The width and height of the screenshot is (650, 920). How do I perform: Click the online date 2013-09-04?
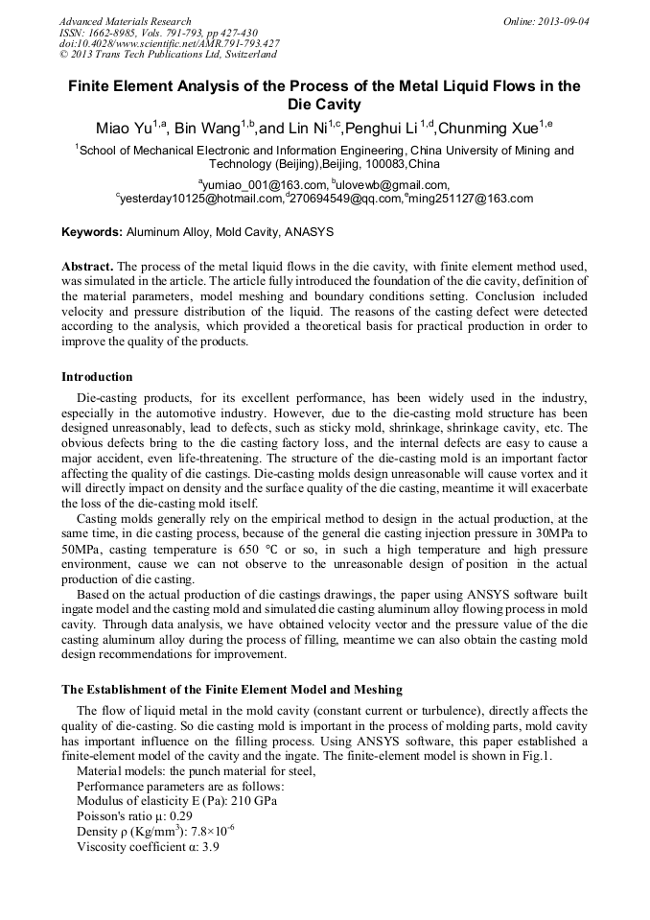(x=565, y=21)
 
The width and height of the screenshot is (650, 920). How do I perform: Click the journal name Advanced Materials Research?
(x=125, y=21)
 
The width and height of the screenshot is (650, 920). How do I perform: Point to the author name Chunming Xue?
(x=488, y=129)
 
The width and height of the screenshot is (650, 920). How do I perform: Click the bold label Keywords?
(x=92, y=232)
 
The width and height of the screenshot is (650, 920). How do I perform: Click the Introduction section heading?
(x=97, y=376)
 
